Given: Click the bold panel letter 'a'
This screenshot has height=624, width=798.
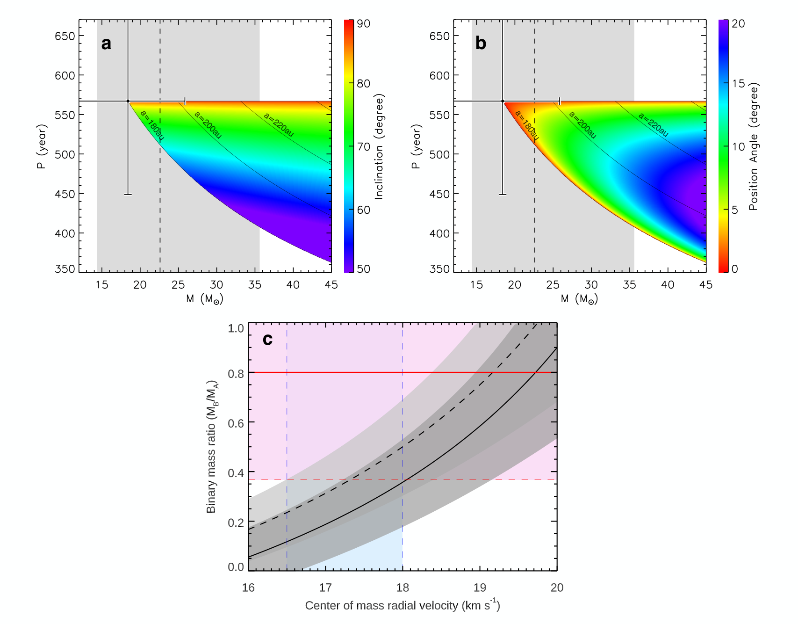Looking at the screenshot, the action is pyautogui.click(x=106, y=44).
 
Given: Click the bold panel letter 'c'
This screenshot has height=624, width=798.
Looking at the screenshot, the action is pyautogui.click(x=267, y=339).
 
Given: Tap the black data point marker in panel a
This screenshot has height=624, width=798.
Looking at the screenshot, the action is pyautogui.click(x=128, y=101).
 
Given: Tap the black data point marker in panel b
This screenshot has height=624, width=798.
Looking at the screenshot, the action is pyautogui.click(x=503, y=101).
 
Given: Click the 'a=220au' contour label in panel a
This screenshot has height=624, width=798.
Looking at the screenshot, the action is pyautogui.click(x=279, y=125).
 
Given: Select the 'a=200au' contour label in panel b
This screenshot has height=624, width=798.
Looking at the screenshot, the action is pyautogui.click(x=582, y=125).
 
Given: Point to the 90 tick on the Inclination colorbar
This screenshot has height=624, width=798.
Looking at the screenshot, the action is pyautogui.click(x=363, y=23).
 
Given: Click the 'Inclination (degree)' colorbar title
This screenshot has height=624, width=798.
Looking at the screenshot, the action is pyautogui.click(x=379, y=147).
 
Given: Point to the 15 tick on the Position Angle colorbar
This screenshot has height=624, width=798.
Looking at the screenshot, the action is pyautogui.click(x=738, y=83).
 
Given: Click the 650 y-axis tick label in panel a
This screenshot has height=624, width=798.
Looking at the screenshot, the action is pyautogui.click(x=65, y=36).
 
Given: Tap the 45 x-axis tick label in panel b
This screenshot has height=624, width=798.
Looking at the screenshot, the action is pyautogui.click(x=705, y=285).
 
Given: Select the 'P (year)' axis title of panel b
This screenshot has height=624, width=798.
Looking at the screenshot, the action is pyautogui.click(x=417, y=146).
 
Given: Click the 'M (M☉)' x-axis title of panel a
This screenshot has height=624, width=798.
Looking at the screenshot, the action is pyautogui.click(x=204, y=299).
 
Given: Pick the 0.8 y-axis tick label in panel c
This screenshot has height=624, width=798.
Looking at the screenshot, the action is pyautogui.click(x=236, y=374).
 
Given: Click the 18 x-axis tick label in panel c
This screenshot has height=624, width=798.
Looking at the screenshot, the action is pyautogui.click(x=403, y=588).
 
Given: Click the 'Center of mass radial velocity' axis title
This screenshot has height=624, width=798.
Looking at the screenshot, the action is pyautogui.click(x=403, y=605).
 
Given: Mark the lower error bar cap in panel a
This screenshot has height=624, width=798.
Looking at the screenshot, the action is pyautogui.click(x=128, y=194).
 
